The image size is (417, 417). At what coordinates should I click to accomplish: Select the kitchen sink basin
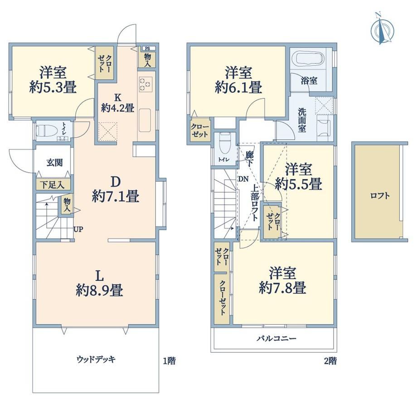145,120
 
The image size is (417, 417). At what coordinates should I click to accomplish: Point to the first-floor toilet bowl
47,131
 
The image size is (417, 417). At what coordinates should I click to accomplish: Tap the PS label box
147,48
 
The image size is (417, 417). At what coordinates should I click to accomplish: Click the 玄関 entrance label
54,163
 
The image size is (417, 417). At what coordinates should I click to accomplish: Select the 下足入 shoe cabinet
53,184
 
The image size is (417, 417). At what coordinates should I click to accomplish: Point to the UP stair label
78,229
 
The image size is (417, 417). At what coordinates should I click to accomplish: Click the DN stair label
243,179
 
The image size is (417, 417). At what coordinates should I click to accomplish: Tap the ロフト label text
380,196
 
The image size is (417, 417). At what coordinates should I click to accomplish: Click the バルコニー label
276,339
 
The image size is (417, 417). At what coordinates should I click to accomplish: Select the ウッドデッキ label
96,359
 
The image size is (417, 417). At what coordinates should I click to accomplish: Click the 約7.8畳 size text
282,288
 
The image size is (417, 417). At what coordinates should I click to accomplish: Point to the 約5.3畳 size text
53,87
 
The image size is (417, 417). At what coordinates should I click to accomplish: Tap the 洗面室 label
302,120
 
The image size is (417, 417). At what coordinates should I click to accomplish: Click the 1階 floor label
169,361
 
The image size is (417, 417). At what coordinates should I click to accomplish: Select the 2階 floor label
330,361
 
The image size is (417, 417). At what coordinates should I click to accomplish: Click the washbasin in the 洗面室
324,127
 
